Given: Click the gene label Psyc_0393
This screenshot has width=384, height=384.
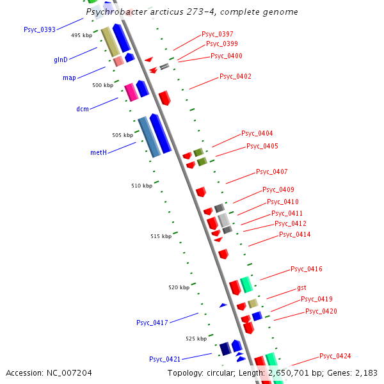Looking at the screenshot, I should (39, 29).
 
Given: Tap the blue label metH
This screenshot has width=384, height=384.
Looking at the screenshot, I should (98, 152).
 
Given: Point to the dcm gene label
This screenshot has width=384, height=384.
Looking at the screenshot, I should (83, 109).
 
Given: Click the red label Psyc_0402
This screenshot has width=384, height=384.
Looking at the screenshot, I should (236, 76).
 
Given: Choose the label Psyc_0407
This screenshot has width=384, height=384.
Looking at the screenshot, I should (272, 172).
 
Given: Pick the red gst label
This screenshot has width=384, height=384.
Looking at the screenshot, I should (301, 288).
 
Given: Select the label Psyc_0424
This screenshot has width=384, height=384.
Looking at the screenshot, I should (335, 356).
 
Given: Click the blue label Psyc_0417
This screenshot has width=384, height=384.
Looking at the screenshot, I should (152, 323).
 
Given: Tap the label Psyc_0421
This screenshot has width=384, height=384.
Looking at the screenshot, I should (165, 359).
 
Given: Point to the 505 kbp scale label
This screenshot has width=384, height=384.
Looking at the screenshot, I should (123, 135).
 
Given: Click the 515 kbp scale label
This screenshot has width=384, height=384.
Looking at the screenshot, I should (161, 236).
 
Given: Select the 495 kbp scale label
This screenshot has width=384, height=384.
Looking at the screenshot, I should (82, 35).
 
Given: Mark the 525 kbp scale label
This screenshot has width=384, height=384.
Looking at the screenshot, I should (196, 338).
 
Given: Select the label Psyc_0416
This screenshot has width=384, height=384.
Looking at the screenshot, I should (307, 269).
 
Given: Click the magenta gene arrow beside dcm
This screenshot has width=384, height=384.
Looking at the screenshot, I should (131, 92).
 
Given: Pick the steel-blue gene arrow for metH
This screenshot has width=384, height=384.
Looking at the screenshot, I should (148, 137).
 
